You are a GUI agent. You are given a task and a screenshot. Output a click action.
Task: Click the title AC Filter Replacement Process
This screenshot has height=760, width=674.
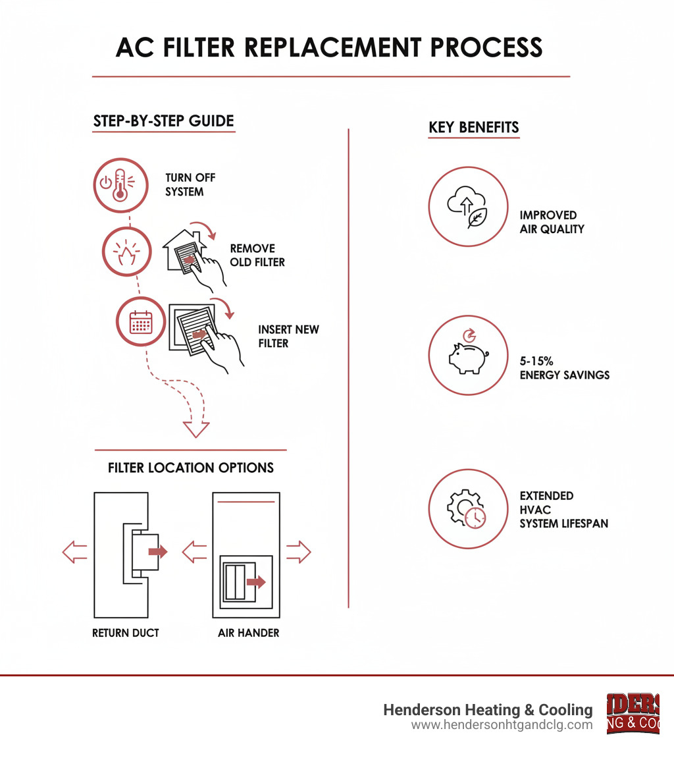click(330, 47)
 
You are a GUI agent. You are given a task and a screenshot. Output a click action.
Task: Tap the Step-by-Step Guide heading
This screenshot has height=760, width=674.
click(164, 121)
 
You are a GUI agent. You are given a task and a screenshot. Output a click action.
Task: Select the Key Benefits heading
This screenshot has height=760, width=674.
click(474, 127)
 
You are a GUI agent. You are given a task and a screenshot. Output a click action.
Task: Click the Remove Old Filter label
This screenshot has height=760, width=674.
click(257, 255)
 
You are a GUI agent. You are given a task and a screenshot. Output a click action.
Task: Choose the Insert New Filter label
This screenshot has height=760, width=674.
click(288, 336)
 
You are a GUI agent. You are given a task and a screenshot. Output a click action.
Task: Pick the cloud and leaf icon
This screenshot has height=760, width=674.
click(468, 206)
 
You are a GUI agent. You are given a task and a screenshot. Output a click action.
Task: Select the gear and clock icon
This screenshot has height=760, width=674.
click(468, 508)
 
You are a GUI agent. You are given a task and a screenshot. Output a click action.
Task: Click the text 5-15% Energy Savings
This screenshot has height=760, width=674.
click(565, 368)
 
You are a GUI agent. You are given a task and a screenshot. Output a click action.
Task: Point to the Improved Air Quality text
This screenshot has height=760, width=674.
click(552, 222)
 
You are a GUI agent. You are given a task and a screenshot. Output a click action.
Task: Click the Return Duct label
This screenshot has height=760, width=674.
click(126, 633)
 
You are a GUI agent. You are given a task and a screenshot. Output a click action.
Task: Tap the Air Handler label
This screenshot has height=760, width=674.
click(249, 633)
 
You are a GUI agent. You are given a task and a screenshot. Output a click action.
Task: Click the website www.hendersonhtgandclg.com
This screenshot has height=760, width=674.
click(502, 725)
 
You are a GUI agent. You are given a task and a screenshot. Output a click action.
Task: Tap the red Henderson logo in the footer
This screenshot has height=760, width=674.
click(633, 713)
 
